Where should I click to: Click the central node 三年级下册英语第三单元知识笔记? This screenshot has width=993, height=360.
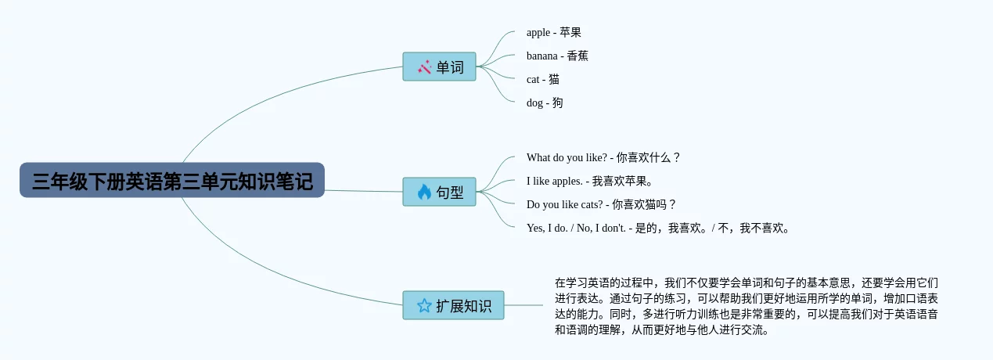172,180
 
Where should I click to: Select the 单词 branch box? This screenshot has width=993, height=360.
439,67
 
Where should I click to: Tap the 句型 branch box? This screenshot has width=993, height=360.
439,192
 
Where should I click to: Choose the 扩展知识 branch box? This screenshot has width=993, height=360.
453,305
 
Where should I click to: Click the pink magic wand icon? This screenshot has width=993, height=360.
424,67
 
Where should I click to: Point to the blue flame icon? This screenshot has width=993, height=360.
424,192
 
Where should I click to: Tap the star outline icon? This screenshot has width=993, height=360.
424,305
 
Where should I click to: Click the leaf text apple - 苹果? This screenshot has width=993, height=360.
554,32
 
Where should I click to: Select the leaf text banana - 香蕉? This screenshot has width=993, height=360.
557,56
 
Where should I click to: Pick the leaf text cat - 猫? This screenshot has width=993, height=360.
543,79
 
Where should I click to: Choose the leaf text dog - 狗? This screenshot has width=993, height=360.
545,103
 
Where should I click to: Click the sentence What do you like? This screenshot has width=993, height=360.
567,157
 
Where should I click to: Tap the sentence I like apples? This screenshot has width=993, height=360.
555,181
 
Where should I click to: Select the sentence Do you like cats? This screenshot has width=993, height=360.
565,204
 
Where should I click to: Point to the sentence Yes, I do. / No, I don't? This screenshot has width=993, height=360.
576,228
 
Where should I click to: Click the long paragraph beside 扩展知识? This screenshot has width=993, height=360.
746,306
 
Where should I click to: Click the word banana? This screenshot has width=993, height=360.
541,56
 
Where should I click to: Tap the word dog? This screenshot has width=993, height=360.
534,103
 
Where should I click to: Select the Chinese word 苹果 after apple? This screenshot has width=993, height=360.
570,32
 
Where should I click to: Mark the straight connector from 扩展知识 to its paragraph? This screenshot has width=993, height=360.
523,305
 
